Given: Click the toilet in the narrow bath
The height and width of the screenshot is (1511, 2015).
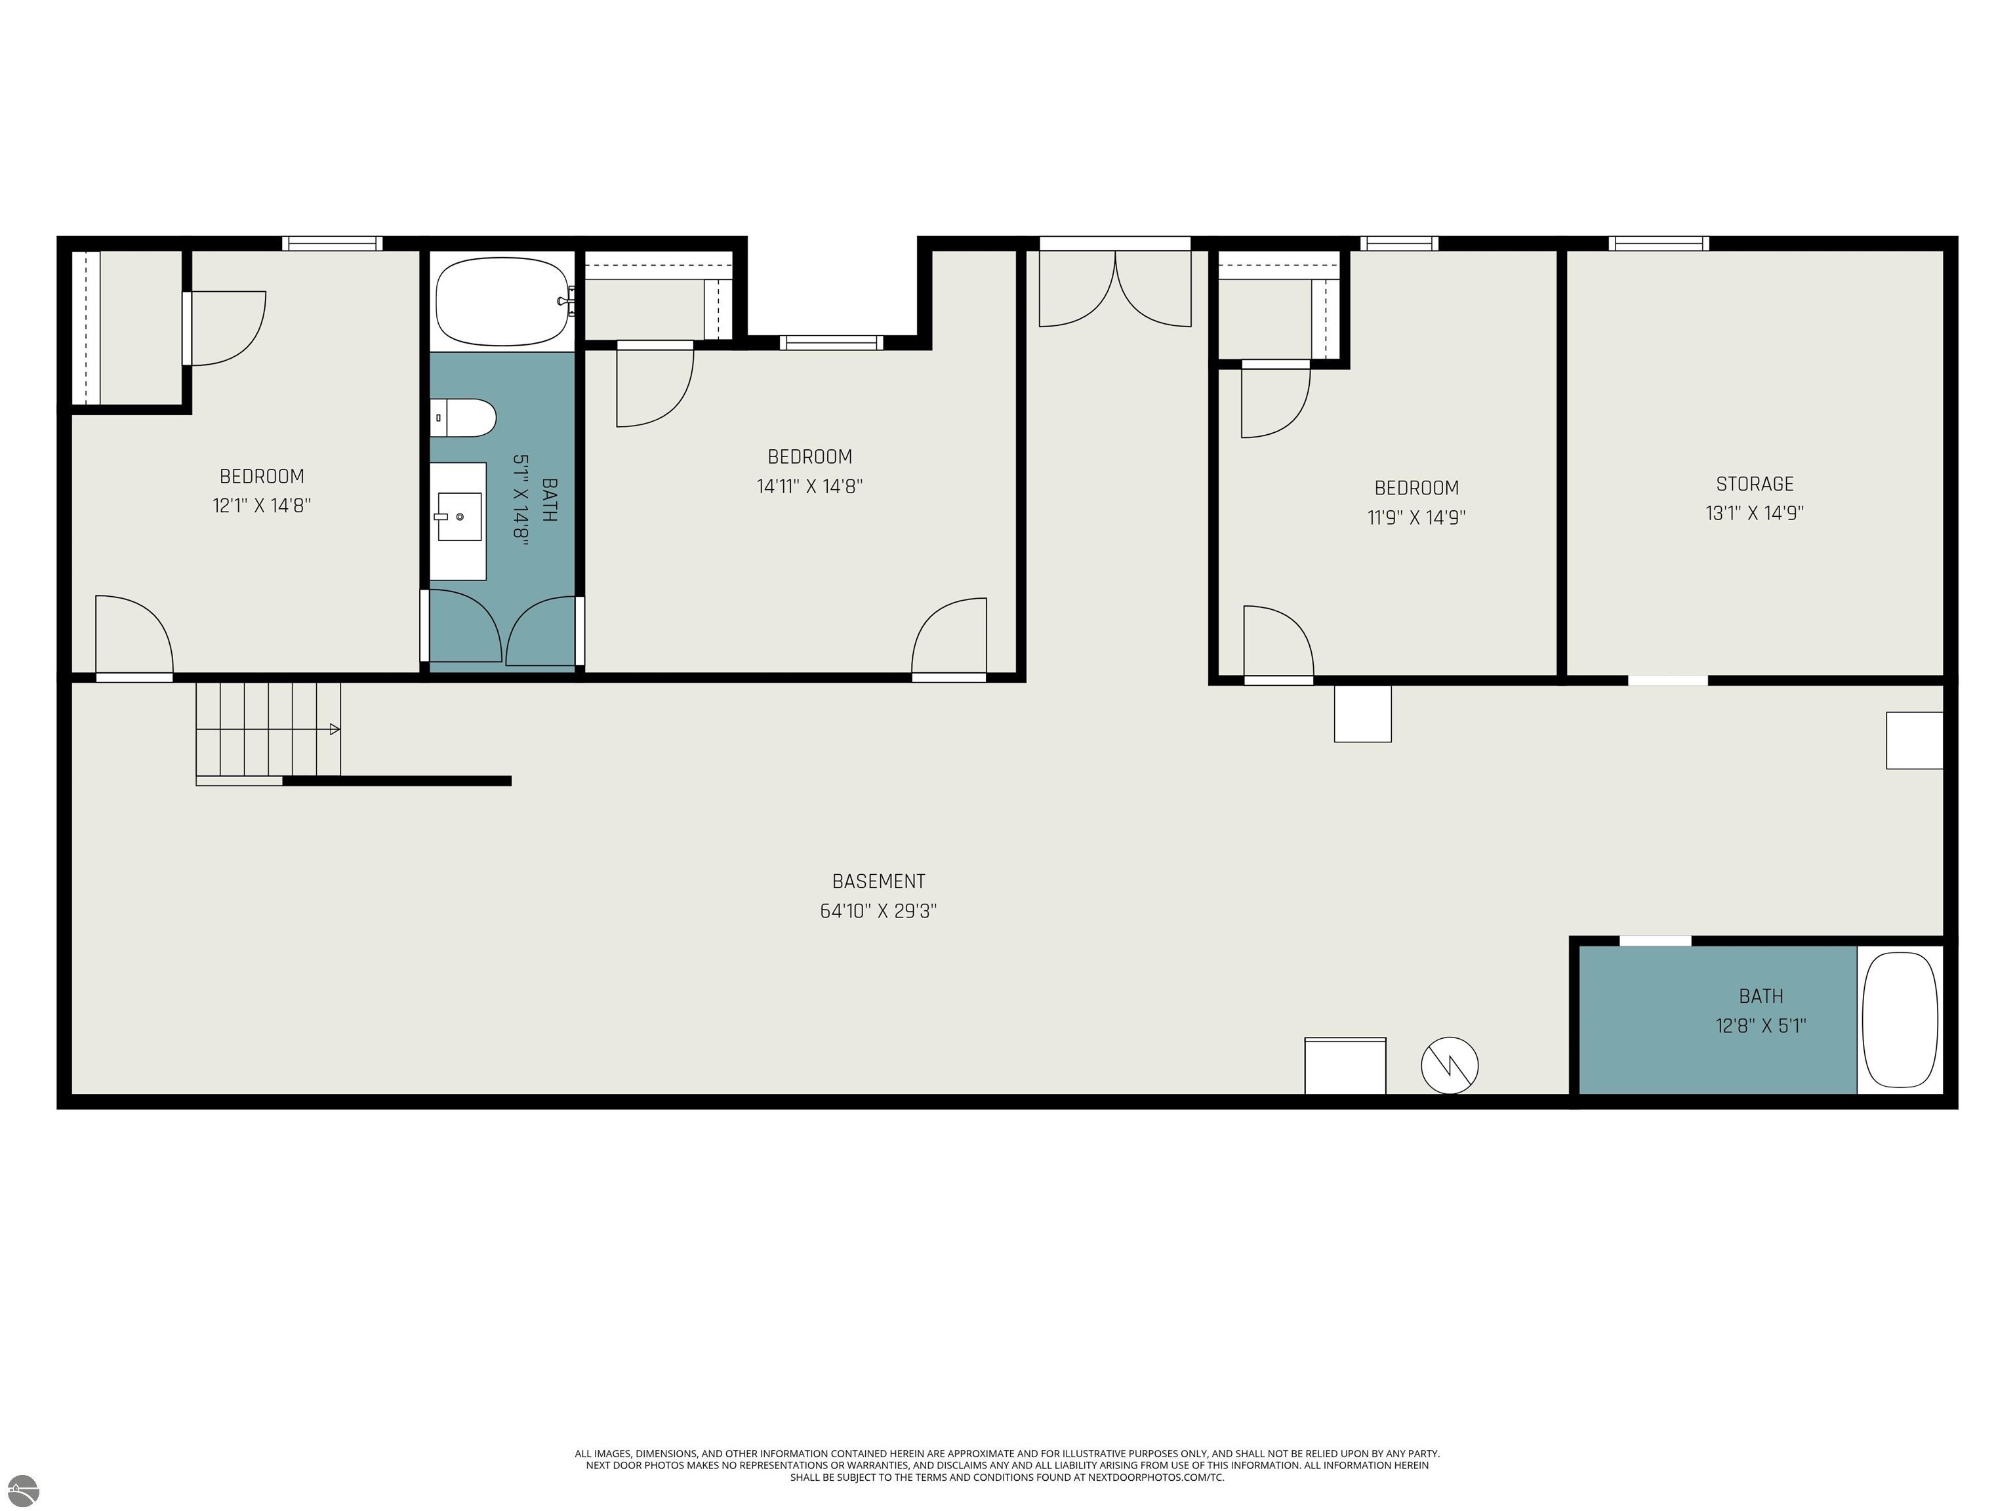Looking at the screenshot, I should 464,418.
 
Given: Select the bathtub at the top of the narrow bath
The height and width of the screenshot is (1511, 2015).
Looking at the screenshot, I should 504,302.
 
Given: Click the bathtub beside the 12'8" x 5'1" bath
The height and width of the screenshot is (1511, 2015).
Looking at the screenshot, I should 1900,1019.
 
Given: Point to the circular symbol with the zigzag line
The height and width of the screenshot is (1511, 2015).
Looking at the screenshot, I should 1450,1064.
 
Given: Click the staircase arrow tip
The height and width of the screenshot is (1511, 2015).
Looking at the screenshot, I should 336,729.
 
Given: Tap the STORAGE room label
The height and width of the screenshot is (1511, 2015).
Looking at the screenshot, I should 1755,483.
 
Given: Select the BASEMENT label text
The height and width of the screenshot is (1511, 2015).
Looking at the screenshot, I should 878,881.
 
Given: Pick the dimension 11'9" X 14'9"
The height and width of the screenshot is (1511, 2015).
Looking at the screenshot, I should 1417,517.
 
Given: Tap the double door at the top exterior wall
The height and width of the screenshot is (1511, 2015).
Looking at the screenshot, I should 1115,287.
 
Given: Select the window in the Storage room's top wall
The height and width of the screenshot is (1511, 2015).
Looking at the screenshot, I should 1658,243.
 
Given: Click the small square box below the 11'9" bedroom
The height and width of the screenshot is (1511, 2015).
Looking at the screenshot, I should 1363,713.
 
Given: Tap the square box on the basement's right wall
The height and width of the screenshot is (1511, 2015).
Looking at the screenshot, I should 1914,740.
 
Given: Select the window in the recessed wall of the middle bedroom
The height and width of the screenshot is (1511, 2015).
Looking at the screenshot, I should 831,342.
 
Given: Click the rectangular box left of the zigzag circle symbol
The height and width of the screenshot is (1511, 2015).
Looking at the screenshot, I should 1345,1066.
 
